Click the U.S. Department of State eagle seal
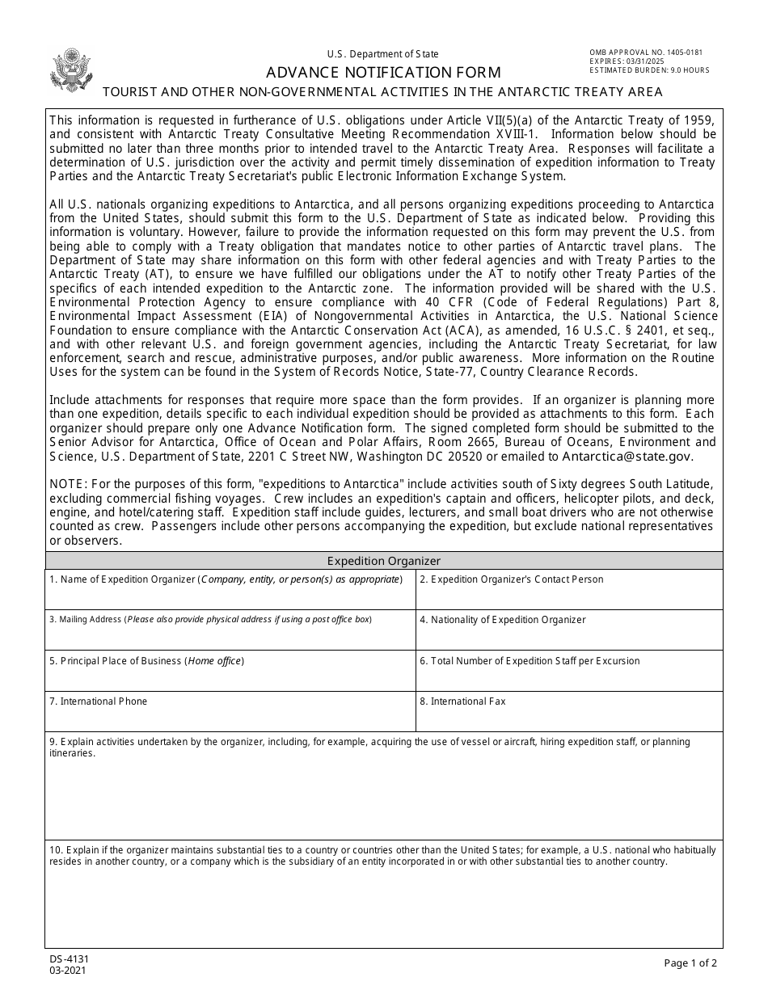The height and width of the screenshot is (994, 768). (x=71, y=69)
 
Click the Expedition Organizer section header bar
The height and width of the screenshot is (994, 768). (x=384, y=561)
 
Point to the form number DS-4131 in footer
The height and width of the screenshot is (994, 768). (x=69, y=959)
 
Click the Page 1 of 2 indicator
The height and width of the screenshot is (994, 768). (x=690, y=962)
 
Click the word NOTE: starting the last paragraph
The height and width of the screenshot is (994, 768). (x=66, y=484)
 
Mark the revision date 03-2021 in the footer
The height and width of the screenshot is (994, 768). (x=68, y=971)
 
